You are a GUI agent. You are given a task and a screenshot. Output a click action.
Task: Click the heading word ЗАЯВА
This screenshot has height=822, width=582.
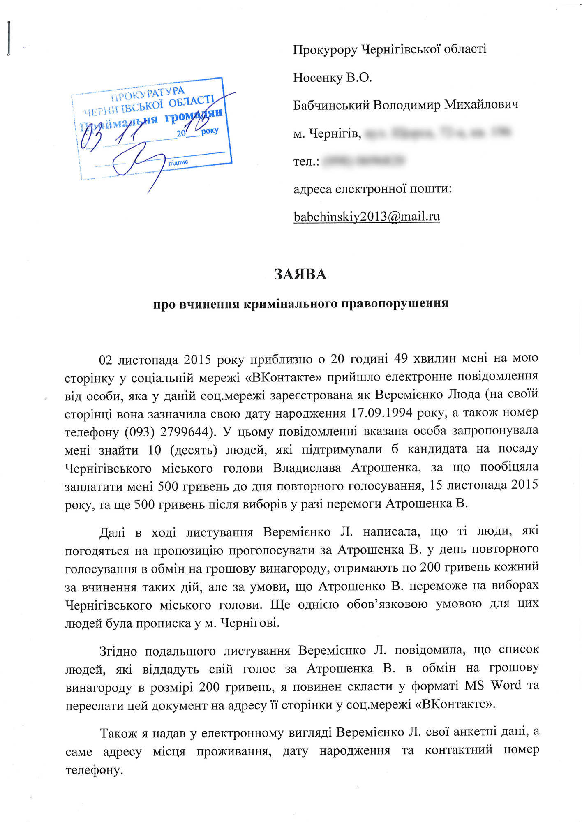coord(300,275)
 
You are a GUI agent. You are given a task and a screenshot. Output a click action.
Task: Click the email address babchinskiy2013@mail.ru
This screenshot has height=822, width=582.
coord(367,217)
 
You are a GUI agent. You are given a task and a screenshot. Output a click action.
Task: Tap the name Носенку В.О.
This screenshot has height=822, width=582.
coord(333,77)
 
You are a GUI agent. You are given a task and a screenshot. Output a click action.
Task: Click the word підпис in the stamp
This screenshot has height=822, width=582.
coord(178,162)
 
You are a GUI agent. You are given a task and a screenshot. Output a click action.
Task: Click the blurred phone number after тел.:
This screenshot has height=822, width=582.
coord(364,161)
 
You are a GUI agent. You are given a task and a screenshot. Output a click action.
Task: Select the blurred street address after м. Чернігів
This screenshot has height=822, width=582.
coord(438,133)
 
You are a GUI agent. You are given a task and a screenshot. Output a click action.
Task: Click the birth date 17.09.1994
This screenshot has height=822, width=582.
coord(382,413)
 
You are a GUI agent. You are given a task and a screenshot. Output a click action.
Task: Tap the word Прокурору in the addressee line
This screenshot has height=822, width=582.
coord(325,50)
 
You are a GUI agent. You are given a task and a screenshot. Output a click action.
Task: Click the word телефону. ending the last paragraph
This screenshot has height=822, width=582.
coord(95,769)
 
